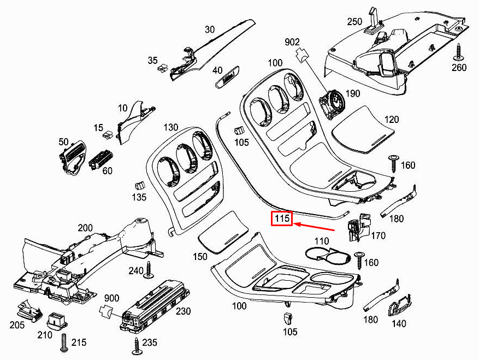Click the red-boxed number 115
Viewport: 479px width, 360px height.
[x=282, y=219]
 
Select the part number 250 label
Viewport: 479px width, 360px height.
[x=355, y=22]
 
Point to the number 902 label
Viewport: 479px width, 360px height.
[x=292, y=42]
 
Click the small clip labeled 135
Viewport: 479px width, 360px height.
[x=140, y=184]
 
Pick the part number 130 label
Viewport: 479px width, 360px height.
[x=170, y=127]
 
